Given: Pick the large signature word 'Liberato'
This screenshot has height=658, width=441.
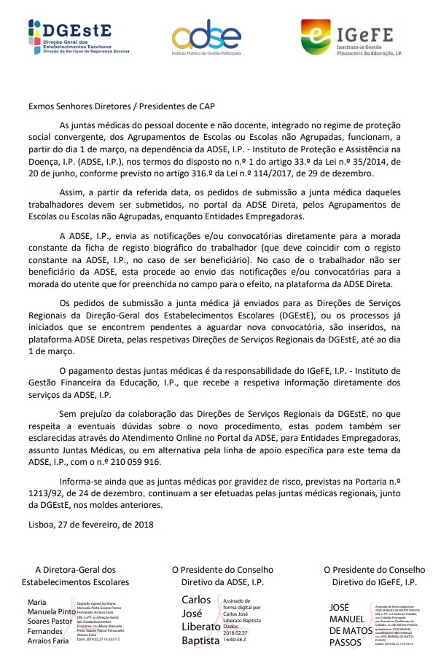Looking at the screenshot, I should click(201, 627).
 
